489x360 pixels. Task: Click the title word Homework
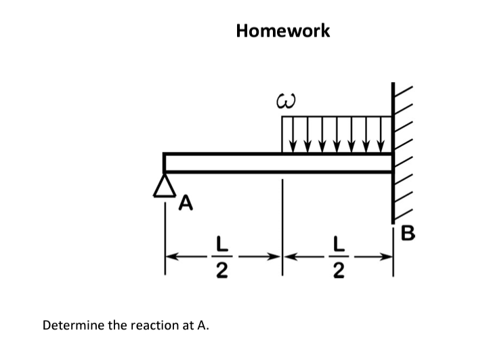click(283, 31)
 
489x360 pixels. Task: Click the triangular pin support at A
click(164, 184)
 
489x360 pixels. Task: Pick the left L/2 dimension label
click(220, 257)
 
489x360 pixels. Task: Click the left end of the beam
click(166, 163)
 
